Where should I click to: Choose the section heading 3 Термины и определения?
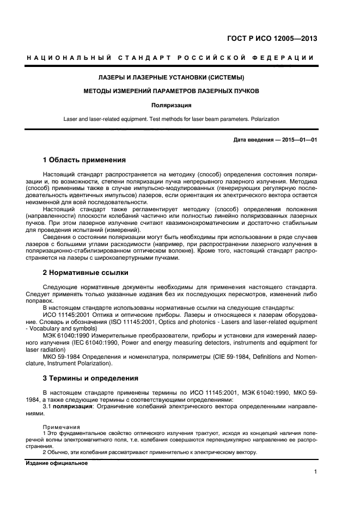coord(90,378)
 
